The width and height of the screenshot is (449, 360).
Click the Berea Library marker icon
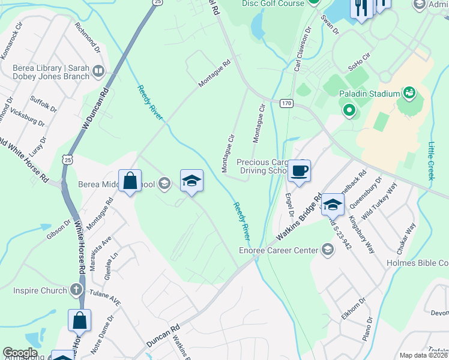click(x=98, y=72)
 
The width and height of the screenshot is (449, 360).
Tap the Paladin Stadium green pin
click(x=349, y=111)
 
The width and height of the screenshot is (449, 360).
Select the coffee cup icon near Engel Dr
click(x=299, y=170)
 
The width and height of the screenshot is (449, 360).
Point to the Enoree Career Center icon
click(x=327, y=249)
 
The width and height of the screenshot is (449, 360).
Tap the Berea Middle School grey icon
click(x=163, y=184)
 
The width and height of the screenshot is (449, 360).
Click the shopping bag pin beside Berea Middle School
click(x=130, y=181)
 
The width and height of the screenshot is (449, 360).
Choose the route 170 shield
click(x=286, y=103)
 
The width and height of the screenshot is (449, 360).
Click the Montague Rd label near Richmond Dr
click(x=215, y=74)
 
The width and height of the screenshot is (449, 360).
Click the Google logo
click(x=20, y=353)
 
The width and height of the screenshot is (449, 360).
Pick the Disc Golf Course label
click(x=273, y=4)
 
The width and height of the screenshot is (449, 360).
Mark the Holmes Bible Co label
click(x=419, y=263)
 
